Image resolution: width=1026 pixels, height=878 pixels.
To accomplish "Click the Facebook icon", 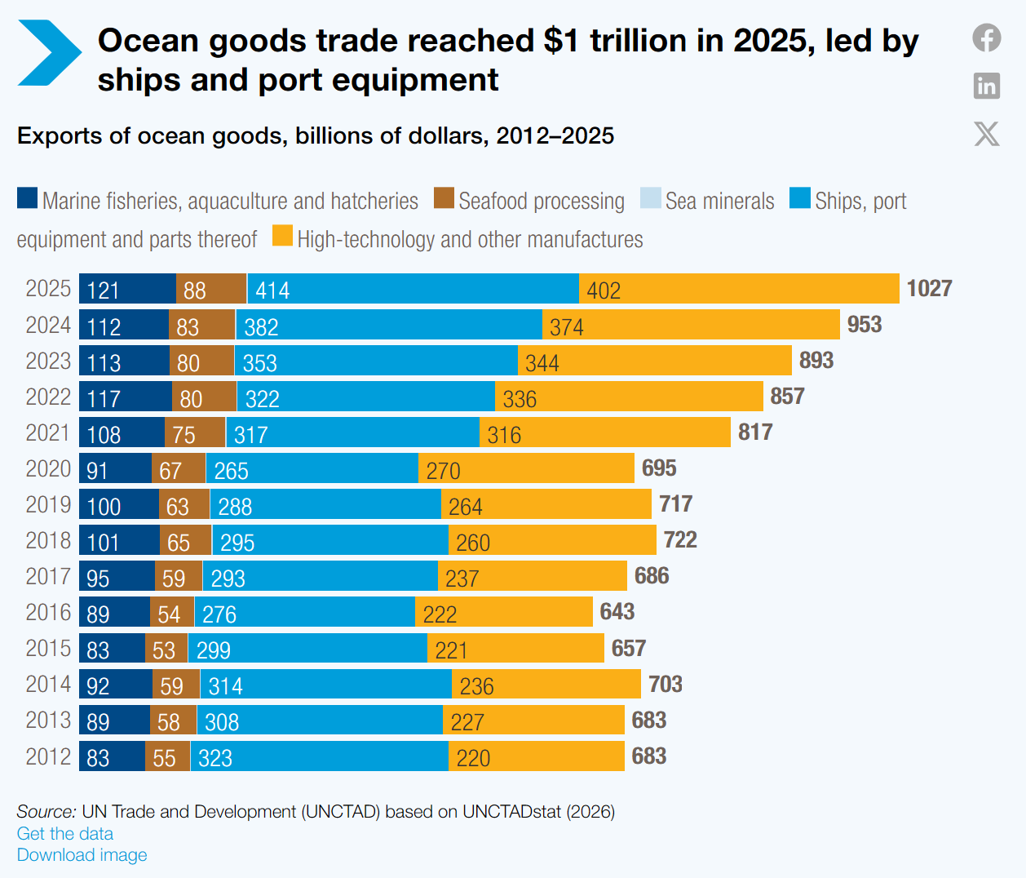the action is [986, 38].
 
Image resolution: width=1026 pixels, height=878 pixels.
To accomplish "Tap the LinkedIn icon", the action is [986, 86].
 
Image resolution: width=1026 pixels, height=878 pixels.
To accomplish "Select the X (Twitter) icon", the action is [986, 134].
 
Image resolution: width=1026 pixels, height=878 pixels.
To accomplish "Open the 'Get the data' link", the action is [65, 833].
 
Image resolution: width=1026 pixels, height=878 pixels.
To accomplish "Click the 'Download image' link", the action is [82, 854].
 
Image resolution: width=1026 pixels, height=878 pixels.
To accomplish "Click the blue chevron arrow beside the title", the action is [49, 53].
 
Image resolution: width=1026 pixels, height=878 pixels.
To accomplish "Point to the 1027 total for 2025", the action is [929, 289].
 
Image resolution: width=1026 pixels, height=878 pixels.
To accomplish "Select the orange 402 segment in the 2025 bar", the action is [739, 289].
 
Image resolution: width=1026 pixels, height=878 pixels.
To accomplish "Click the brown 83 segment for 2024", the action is [201, 325].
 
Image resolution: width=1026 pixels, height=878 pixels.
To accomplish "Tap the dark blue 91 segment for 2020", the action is [115, 468].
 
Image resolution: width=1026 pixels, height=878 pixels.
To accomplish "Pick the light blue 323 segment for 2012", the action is [319, 756].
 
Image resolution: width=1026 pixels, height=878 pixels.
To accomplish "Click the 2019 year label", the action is [48, 504].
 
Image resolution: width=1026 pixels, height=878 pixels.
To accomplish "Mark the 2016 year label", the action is [48, 612].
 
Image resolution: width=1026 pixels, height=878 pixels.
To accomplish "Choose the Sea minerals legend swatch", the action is [650, 197].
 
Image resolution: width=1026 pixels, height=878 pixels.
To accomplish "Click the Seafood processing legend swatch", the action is [443, 197].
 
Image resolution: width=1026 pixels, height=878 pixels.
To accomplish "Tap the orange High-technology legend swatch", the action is [282, 235].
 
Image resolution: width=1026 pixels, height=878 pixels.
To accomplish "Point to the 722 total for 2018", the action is [680, 540].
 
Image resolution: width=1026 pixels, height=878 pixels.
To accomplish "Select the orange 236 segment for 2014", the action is [546, 685].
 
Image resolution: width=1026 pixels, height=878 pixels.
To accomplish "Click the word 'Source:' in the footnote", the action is [46, 811].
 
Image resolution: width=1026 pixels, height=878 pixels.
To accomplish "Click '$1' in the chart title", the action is [561, 41].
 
